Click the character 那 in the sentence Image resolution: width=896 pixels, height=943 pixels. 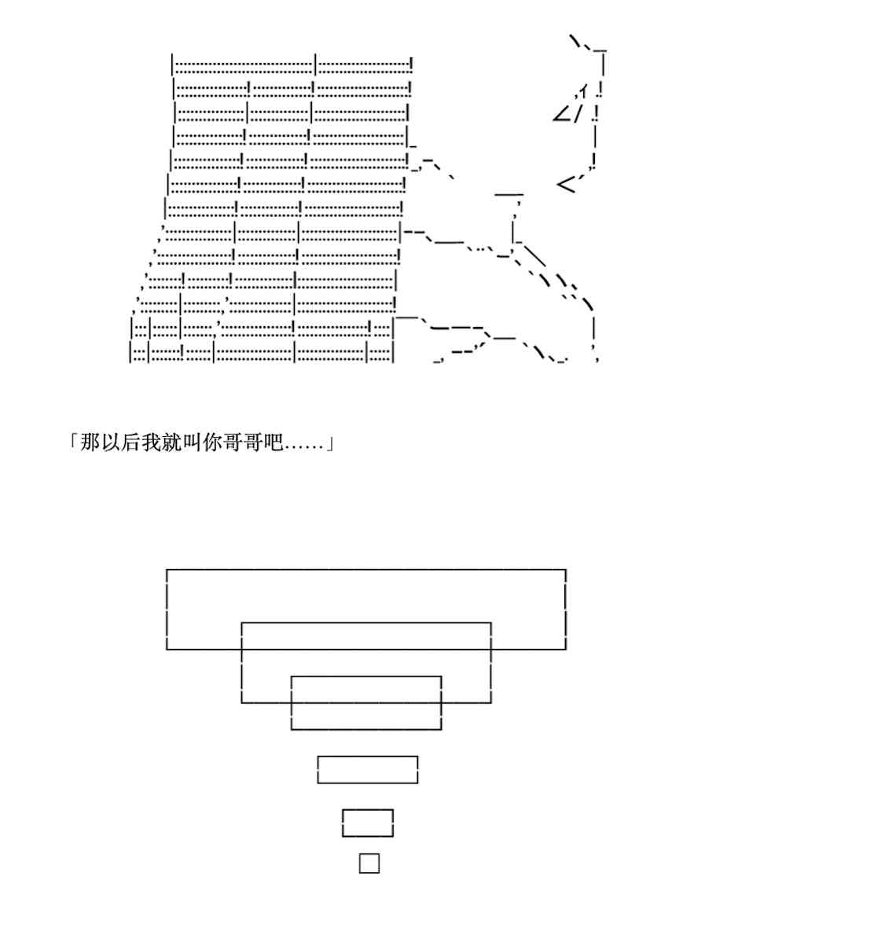pos(90,443)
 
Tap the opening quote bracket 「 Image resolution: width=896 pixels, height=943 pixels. pos(73,442)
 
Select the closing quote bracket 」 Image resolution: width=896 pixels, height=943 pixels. pos(330,445)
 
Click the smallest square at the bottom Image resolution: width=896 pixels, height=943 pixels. pos(369,863)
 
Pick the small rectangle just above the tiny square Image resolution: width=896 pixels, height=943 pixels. pos(368,823)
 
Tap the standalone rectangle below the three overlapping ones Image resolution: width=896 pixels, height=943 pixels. pos(368,769)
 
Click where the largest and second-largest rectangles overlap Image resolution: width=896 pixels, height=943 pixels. pos(366,636)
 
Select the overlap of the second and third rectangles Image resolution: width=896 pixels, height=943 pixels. pos(366,689)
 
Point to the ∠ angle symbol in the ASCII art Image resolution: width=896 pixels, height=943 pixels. pos(563,115)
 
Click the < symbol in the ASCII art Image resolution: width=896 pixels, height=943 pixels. pos(566,185)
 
